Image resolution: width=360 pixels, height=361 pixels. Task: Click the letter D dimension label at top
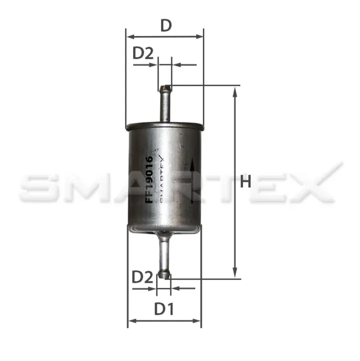[166, 26]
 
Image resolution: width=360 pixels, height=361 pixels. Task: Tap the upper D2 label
[143, 53]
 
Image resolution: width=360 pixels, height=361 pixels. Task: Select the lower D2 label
[142, 277]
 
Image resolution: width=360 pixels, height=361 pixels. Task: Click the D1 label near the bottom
[164, 309]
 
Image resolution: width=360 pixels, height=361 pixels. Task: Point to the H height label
[245, 182]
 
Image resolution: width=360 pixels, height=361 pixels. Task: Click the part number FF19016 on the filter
[150, 179]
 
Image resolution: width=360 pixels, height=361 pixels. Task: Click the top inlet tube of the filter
[165, 104]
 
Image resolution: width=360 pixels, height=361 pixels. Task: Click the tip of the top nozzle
[165, 88]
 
